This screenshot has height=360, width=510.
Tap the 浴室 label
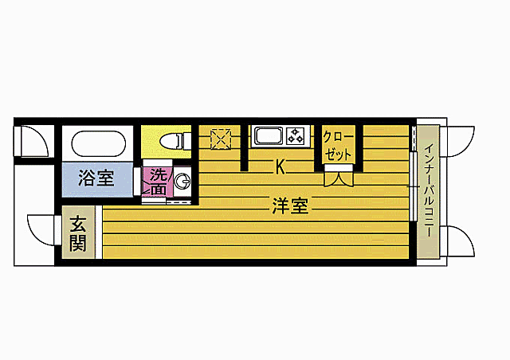[x=96, y=178]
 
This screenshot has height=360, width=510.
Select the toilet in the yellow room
[x=172, y=140]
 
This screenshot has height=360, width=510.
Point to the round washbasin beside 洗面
[x=183, y=179]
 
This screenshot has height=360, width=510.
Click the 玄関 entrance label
[x=77, y=233]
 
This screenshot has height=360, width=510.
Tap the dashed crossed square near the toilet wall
[x=220, y=139]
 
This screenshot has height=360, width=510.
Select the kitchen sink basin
[x=269, y=135]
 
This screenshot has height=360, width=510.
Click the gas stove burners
[x=297, y=135]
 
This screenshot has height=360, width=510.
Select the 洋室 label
[x=290, y=206]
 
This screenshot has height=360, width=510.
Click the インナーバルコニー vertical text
[x=428, y=191]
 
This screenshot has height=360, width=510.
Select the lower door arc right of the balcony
[x=459, y=240]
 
